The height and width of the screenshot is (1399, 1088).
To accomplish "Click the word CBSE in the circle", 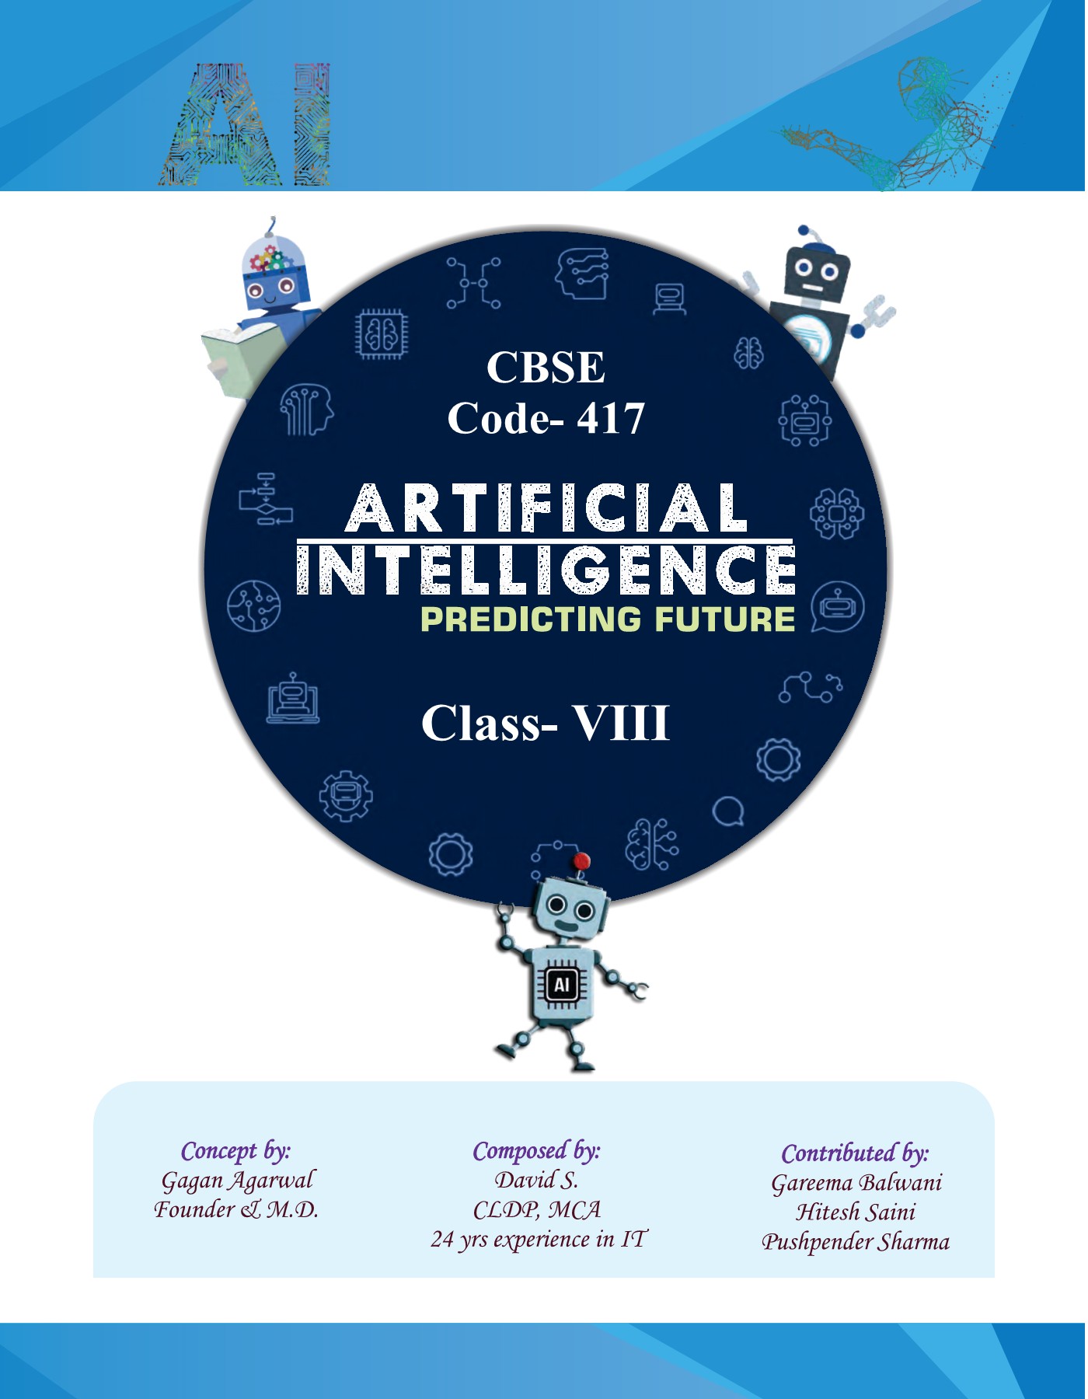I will [546, 367].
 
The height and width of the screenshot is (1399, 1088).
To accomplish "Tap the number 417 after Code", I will [611, 419].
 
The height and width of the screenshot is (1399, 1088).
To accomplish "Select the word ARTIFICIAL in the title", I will [546, 508].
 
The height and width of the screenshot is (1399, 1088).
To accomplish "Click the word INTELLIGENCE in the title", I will [546, 570].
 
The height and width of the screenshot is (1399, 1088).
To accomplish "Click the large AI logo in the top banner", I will [246, 124].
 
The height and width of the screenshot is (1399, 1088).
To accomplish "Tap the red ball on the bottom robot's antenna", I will [581, 861].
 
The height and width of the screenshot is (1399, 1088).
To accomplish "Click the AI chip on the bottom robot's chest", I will [562, 985].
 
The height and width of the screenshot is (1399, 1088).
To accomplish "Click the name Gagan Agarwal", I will [237, 1181].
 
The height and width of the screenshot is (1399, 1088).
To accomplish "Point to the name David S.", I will [536, 1181].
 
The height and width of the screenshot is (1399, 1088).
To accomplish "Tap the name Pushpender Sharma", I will [855, 1242].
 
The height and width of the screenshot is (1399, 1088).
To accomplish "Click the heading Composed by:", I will [536, 1151].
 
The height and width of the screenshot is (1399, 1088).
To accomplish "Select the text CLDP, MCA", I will [536, 1210].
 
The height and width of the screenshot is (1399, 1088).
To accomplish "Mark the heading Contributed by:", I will [855, 1153].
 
